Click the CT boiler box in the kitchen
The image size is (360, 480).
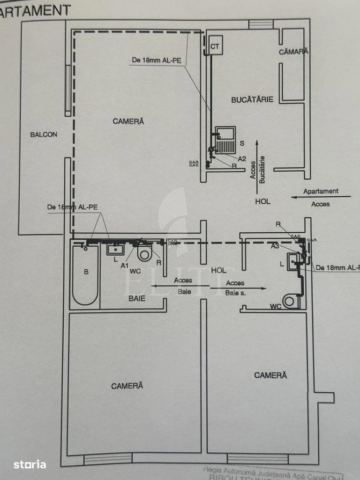215,46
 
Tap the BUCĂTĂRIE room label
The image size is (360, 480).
252,99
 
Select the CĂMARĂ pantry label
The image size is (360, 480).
293,52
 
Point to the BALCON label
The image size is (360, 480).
44,134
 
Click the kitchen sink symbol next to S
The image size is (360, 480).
225,139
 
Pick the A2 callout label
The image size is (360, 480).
242,159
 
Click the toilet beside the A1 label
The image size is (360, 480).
145,254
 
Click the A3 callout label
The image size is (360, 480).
276,246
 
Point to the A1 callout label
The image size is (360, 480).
124,265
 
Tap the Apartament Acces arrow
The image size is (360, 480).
321,197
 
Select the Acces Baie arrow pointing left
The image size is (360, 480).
178,286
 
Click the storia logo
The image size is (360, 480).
30,465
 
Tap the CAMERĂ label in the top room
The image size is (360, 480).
128,121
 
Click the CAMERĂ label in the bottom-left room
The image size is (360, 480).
127,386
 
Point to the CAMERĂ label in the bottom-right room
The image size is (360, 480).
270,375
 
